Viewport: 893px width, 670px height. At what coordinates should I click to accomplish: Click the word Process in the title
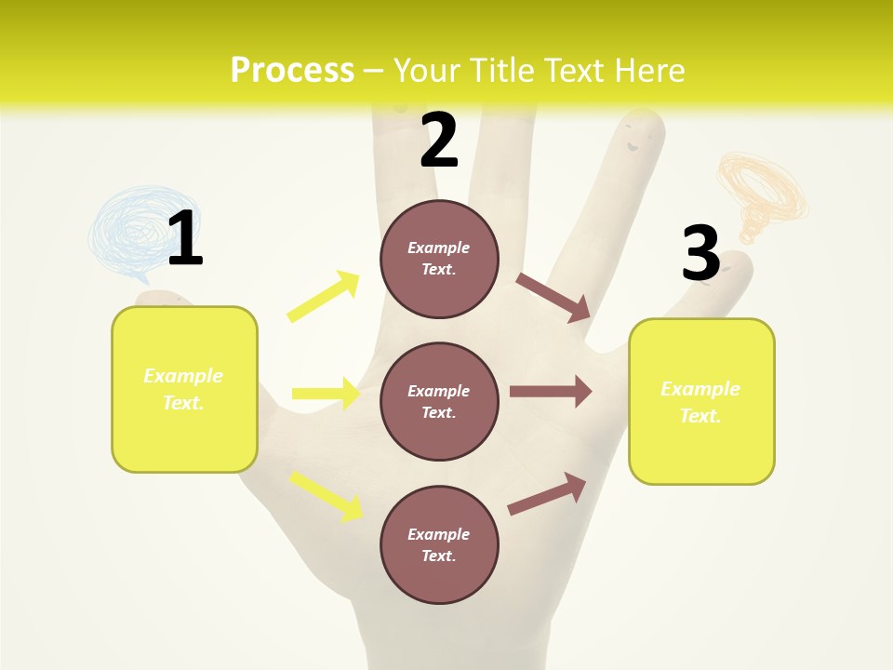pos(292,70)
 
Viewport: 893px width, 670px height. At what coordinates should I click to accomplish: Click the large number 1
pos(185,238)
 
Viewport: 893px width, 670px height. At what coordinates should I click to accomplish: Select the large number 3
pos(700,254)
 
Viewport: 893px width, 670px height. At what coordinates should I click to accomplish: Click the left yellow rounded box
pos(184,389)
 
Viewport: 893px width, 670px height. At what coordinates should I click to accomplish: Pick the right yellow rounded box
pos(701,401)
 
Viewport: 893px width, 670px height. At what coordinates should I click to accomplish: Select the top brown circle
pos(439,259)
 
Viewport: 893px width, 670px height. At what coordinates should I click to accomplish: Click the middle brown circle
pos(439,401)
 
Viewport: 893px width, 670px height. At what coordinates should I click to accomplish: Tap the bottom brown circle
pos(439,544)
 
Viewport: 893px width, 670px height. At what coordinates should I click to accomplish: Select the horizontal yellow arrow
pos(326,394)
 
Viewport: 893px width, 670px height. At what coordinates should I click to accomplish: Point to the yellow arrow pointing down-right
pos(327,495)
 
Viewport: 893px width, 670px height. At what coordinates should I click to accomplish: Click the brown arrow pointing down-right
pos(553,297)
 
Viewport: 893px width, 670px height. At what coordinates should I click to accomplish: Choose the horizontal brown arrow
pos(551,392)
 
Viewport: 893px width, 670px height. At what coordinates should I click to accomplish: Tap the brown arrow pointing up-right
pos(547,493)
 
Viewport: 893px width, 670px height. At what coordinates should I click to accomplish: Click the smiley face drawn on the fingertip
pos(636,141)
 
